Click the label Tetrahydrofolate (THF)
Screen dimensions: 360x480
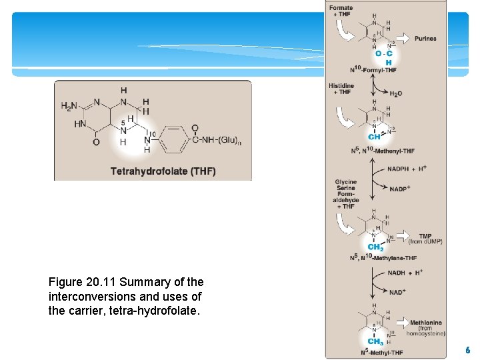coord(163,171)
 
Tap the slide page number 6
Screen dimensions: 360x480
coord(467,350)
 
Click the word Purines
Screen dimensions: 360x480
coord(425,39)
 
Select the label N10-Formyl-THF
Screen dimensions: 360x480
coord(373,70)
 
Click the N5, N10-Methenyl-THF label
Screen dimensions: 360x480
coord(382,151)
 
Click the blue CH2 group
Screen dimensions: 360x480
coord(375,247)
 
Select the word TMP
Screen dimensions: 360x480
coord(425,236)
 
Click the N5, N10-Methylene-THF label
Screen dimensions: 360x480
coord(383,258)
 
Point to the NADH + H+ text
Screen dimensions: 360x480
coord(406,273)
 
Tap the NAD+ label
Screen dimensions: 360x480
coord(397,292)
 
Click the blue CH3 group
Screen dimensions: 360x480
coord(375,341)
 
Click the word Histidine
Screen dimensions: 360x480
coord(341,86)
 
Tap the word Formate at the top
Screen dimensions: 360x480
coord(341,8)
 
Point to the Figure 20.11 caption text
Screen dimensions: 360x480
coord(127,296)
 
